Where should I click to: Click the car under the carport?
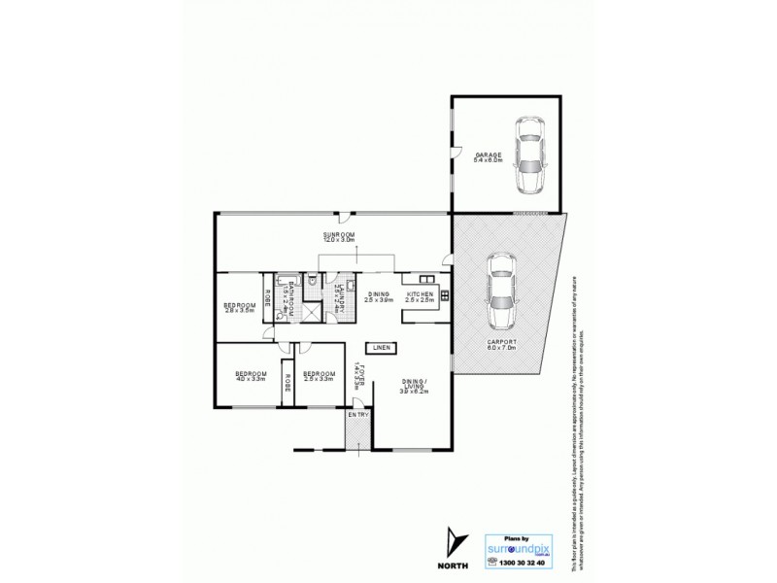coord(501,291)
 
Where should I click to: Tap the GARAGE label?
coord(489,156)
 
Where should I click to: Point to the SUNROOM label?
coord(340,235)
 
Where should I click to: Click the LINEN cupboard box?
coord(380,347)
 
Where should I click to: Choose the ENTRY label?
coord(358,416)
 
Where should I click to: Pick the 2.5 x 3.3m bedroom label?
coord(318,376)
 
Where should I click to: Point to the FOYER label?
coord(358,374)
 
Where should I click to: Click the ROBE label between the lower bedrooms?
coord(287,383)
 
